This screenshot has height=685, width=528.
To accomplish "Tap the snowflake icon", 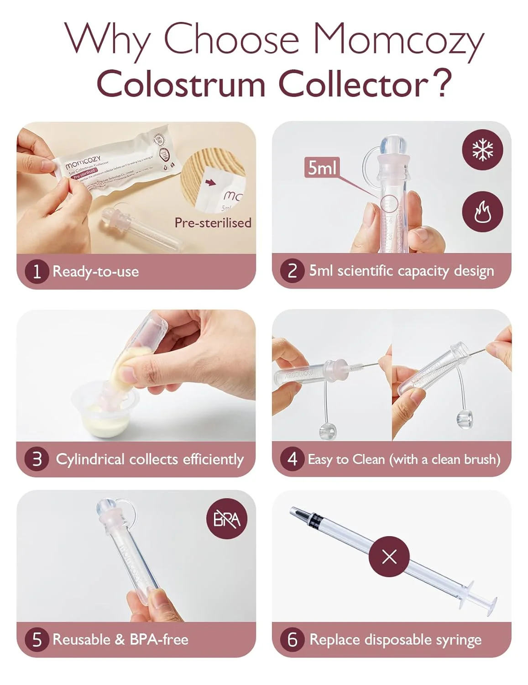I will click(482, 150).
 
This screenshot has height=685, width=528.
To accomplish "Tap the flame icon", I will click(482, 212).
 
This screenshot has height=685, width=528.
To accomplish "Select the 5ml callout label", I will click(322, 168).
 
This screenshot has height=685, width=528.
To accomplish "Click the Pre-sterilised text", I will click(213, 223).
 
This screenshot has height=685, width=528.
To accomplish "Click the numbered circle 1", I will click(37, 272).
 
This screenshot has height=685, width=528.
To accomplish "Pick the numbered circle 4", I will click(292, 459).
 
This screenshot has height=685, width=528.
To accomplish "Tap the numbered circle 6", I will click(292, 639).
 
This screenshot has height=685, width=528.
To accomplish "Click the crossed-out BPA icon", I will click(227, 519).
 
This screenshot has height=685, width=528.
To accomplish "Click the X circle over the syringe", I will click(389, 557).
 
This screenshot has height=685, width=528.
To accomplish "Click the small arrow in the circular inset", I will click(210, 183).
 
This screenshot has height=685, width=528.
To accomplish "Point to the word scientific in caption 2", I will click(365, 271).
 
